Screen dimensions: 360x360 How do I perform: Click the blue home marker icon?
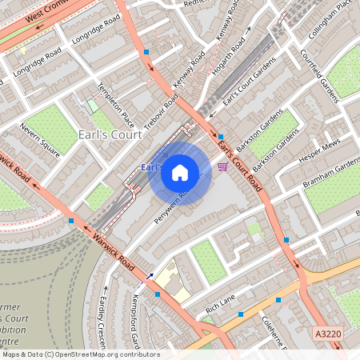(x=180, y=172)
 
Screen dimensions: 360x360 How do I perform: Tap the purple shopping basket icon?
(x=222, y=166)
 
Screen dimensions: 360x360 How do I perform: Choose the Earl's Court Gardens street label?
(x=245, y=94)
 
